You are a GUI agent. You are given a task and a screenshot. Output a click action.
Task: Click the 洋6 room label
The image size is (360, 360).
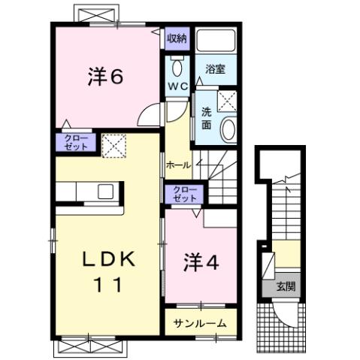pyautogui.click(x=104, y=78)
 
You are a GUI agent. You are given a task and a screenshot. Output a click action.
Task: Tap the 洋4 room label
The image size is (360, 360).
pyautogui.click(x=200, y=264)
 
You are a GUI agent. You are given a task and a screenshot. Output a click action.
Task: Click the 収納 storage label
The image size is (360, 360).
pyautogui.click(x=177, y=38)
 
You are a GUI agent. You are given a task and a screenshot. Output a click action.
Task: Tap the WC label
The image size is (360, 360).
pyautogui.click(x=177, y=86)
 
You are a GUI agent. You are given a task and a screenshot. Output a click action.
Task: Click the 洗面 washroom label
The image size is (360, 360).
pyautogui.click(x=205, y=118)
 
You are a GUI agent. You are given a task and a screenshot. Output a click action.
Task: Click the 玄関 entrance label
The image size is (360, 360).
pyautogui.click(x=285, y=286)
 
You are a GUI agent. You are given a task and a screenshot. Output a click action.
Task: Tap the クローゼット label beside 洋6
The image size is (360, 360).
pyautogui.click(x=74, y=143)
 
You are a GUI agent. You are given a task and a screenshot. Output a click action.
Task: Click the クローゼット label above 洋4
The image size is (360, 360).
pyautogui.click(x=183, y=194)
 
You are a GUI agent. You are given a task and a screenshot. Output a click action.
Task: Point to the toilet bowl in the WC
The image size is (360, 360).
pyautogui.click(x=177, y=68)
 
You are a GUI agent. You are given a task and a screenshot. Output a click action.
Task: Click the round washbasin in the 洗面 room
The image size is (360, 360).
pyautogui.click(x=228, y=129)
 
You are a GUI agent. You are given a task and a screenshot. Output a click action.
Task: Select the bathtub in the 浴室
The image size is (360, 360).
pyautogui.click(x=216, y=44)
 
